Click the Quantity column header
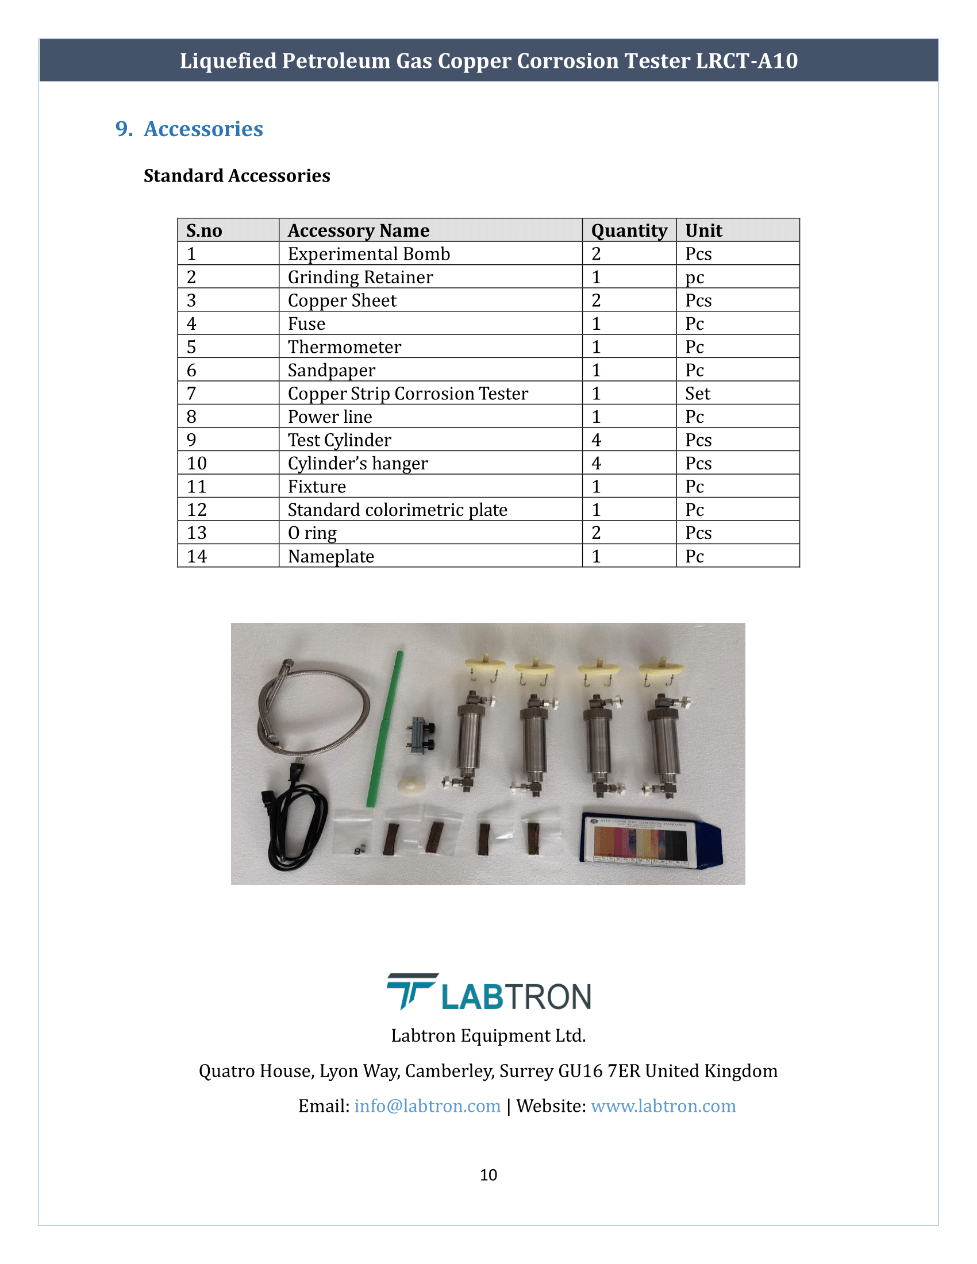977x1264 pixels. click(629, 230)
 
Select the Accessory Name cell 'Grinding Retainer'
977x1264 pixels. click(360, 278)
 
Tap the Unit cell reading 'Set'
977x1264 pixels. click(698, 394)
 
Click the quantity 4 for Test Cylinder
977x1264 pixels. click(596, 440)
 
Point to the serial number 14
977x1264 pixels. click(197, 556)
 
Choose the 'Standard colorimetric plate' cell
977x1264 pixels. click(397, 510)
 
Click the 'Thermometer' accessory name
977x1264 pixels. click(344, 346)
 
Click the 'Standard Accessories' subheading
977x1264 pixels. click(237, 175)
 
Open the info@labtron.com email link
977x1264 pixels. click(427, 1105)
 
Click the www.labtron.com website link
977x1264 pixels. click(663, 1105)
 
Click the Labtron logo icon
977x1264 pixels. click(411, 991)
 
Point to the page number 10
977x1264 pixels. click(488, 1174)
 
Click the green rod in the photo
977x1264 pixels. click(384, 729)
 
